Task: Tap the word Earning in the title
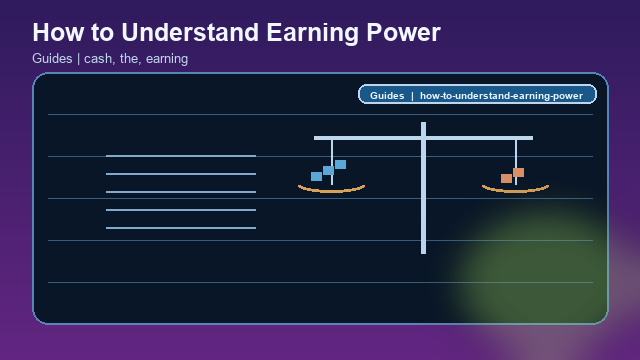pos(295,32)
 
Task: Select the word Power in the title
pos(398,32)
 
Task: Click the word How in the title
pos(56,32)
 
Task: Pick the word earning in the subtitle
pos(166,59)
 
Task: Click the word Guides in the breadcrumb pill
pos(386,96)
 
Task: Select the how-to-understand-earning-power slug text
pos(501,96)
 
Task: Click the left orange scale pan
pos(331,188)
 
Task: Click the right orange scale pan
pos(515,188)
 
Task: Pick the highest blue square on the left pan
pos(340,164)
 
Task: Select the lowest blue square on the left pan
pos(316,176)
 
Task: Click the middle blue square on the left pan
pos(328,170)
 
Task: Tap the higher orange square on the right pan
pos(518,172)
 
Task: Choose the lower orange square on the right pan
pos(506,178)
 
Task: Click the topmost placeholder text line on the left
pos(181,156)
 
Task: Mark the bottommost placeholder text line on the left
pos(181,228)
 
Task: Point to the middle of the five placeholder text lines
pos(181,192)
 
